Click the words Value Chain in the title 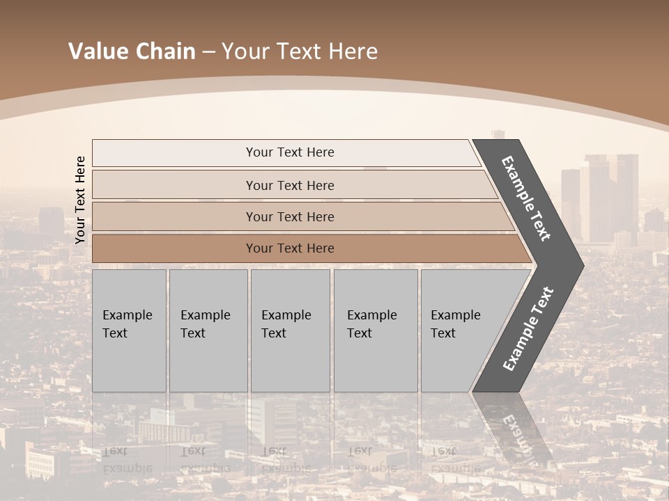coord(132,51)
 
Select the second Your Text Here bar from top coord(289,185)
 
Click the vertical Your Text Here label coord(80,200)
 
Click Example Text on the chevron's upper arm coord(526,198)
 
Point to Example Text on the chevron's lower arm coord(528,328)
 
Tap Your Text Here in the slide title coord(300,51)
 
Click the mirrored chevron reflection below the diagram coord(512,431)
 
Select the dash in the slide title coord(209,52)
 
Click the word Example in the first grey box coord(127,315)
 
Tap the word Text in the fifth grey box coord(443,333)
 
